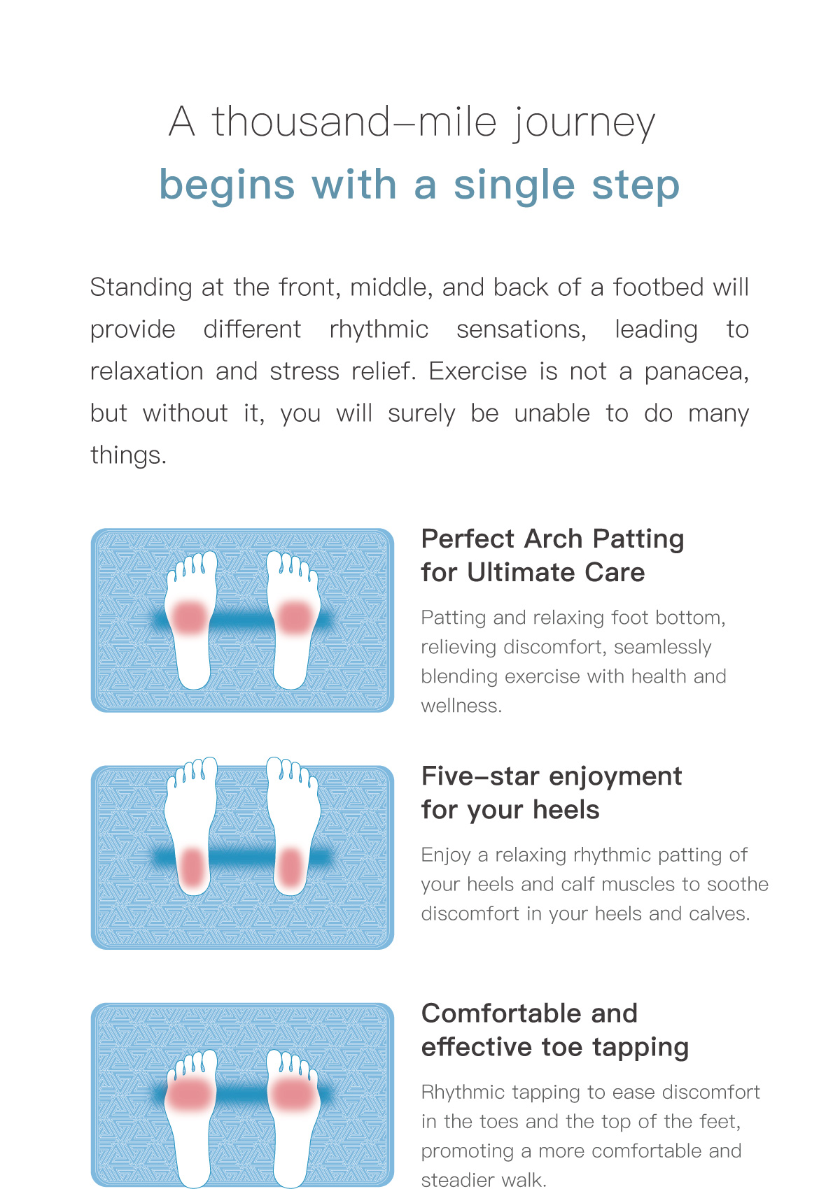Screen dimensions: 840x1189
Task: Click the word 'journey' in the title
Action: click(583, 123)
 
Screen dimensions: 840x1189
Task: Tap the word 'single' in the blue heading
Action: click(514, 186)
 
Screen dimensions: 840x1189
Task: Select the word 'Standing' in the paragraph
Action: click(141, 288)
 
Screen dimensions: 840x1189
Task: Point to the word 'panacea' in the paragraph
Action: click(696, 372)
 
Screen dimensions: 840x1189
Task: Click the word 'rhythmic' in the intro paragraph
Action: click(379, 329)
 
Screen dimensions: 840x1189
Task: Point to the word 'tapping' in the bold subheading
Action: click(640, 1048)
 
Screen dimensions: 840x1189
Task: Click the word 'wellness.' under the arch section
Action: click(461, 706)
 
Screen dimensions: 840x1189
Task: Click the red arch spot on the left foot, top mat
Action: click(189, 618)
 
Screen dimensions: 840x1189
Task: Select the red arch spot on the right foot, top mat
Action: click(295, 618)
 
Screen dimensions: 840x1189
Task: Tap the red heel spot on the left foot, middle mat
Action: click(193, 867)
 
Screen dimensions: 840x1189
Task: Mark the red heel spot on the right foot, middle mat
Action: click(290, 867)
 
